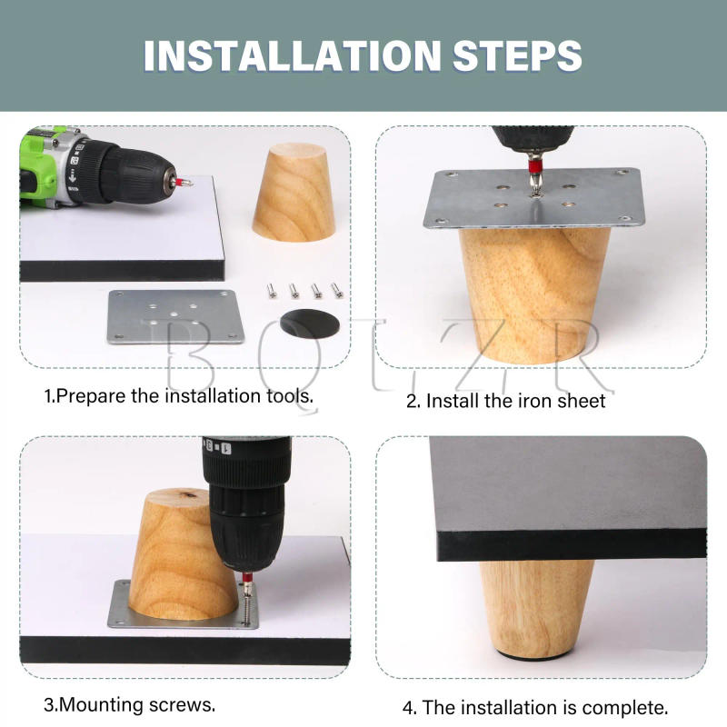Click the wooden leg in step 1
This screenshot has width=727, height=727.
294,193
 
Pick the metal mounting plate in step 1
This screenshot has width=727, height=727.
175,317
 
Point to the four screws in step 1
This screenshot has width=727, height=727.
304,290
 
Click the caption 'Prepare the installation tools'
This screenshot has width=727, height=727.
179,396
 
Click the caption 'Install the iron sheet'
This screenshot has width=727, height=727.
505,400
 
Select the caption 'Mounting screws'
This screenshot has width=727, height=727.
130,704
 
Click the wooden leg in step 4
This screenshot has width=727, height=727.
536,604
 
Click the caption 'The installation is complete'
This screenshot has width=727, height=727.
535,707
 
